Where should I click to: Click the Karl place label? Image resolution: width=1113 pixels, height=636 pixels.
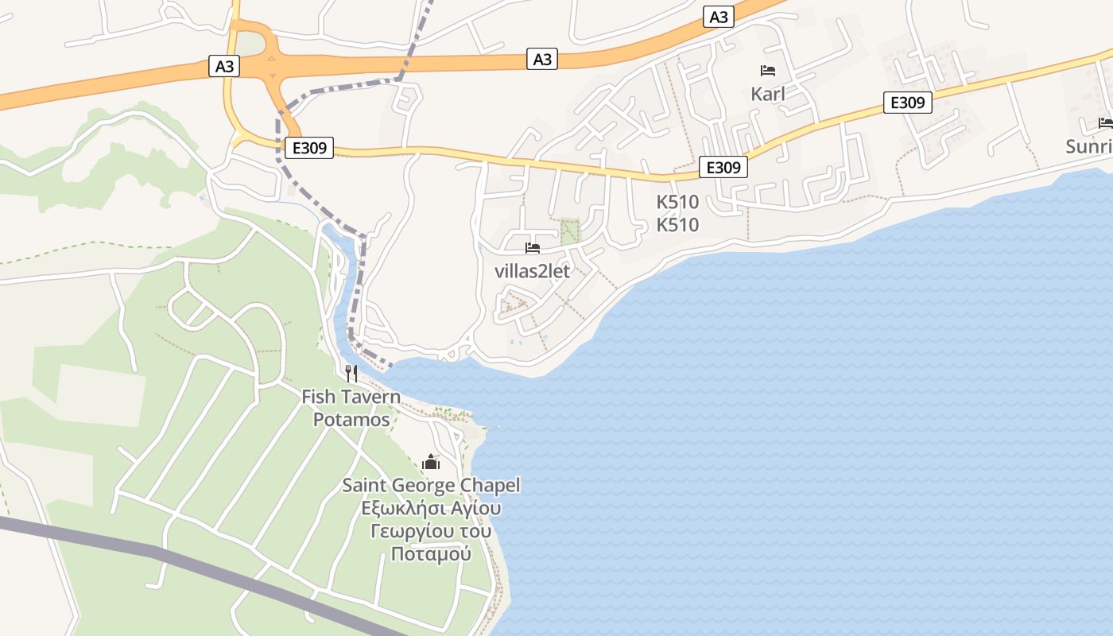click(767, 94)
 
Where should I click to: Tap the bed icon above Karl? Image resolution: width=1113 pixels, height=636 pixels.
click(768, 71)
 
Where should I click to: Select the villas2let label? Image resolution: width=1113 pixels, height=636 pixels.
click(532, 271)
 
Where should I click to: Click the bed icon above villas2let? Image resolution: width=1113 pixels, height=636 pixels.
click(533, 248)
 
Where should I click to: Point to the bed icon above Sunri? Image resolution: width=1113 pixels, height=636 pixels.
click(1105, 122)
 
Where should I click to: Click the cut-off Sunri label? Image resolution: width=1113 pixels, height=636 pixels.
click(1089, 147)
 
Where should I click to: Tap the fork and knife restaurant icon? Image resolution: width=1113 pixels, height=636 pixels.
click(351, 373)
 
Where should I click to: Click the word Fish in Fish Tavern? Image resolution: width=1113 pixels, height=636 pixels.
click(318, 396)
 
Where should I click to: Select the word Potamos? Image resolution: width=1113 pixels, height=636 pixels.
click(351, 419)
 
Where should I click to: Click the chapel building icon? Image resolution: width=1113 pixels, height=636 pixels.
click(431, 462)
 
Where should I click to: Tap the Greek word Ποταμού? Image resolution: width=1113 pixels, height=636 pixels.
click(431, 554)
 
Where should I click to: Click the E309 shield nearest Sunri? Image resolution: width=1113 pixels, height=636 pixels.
click(907, 103)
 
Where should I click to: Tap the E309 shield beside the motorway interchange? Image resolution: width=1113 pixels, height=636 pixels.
click(308, 147)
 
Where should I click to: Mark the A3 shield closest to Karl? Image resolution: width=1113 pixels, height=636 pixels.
click(718, 17)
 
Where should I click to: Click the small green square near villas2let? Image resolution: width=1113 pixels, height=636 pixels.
click(570, 231)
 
